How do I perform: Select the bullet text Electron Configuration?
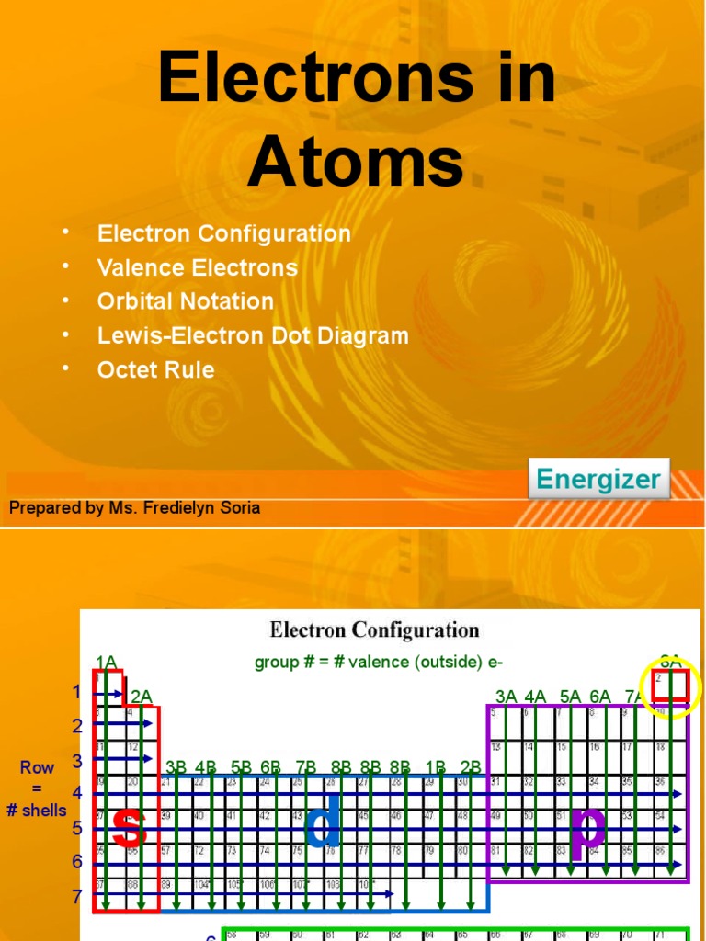(x=224, y=233)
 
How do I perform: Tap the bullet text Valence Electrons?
(x=198, y=267)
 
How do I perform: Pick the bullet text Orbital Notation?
(x=186, y=301)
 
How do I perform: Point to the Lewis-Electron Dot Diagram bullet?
(x=253, y=335)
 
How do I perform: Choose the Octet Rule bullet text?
(x=155, y=369)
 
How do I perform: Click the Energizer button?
(x=598, y=479)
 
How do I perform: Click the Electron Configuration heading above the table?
(x=374, y=630)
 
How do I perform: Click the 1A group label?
(x=106, y=662)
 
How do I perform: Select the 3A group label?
(x=507, y=696)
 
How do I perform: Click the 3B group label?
(x=176, y=766)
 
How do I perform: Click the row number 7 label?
(x=77, y=896)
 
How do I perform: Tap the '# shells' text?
(x=37, y=811)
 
